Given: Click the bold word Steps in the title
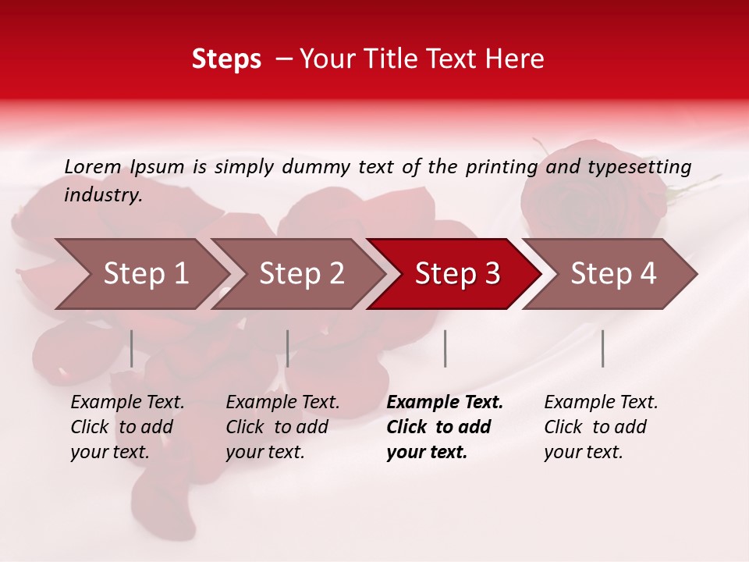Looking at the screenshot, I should coord(226,59).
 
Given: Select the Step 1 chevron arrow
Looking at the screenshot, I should coord(140,274).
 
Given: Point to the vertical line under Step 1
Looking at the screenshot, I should coord(132,348).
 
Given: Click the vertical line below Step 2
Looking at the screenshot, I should coord(288,348).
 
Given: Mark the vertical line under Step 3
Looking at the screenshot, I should coord(445,348).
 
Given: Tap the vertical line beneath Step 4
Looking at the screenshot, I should coord(602,348).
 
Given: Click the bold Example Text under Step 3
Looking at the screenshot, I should coord(445,403).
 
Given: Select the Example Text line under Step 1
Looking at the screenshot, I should coord(127,403).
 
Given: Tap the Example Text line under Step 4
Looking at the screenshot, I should coord(601,403).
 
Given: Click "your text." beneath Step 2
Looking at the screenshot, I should coord(264,452).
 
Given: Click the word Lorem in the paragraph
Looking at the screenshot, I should coord(93,166).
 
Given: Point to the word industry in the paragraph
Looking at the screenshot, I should coord(103,195).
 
